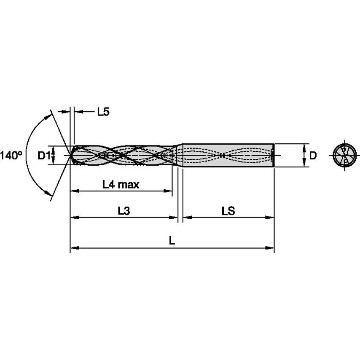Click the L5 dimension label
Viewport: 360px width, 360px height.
tap(103, 112)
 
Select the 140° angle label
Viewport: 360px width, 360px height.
tap(11, 156)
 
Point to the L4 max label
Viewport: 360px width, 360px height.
tap(121, 184)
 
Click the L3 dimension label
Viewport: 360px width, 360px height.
tap(124, 212)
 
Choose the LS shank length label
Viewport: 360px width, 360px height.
tap(228, 212)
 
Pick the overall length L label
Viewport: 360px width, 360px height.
tap(172, 241)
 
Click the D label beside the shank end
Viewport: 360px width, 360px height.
tap(313, 156)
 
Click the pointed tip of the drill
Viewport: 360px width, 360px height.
tap(70, 156)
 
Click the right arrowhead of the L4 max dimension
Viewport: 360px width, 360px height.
tap(169, 191)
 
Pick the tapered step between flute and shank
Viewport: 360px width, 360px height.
tap(179, 156)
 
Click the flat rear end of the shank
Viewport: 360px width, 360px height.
tap(274, 156)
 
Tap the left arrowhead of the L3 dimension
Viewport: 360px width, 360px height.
tap(74, 218)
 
